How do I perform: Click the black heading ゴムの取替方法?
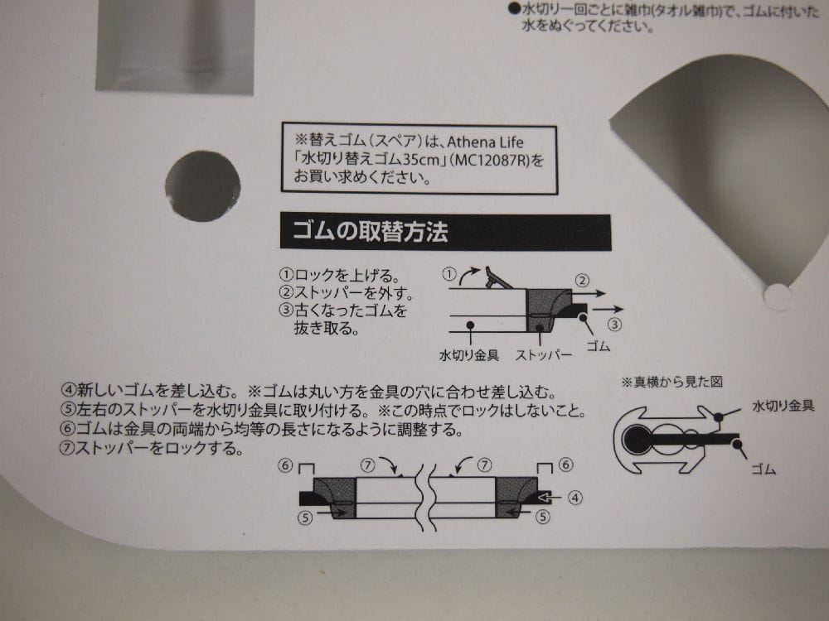click(370, 231)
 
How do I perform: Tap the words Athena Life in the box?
click(485, 142)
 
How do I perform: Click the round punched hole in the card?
click(202, 185)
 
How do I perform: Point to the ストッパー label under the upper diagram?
click(544, 355)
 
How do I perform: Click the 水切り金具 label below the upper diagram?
click(469, 355)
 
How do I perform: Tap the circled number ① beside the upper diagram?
click(448, 274)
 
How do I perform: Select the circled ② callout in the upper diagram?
click(582, 281)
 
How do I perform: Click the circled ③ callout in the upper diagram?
click(614, 325)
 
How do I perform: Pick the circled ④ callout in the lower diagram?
click(575, 498)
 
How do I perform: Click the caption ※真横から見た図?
click(672, 382)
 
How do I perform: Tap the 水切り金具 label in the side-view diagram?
click(783, 406)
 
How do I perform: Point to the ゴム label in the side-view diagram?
click(763, 469)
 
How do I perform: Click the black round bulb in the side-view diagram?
click(636, 440)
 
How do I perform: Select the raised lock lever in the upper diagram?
click(497, 277)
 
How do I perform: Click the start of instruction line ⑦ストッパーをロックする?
click(68, 448)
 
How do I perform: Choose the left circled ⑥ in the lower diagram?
click(285, 465)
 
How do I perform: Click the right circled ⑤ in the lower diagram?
click(543, 517)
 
